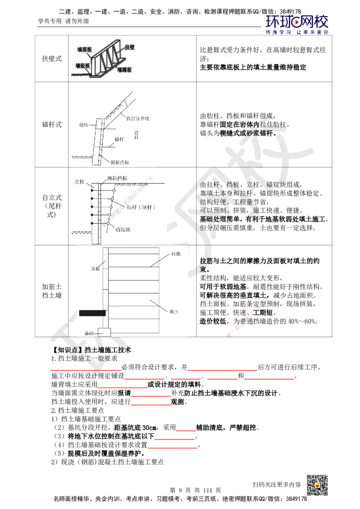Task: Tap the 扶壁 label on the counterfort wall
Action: click(x=130, y=46)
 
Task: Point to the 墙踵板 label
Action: click(x=126, y=70)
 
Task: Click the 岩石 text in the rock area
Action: click(x=136, y=135)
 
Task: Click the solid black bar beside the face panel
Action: click(x=92, y=313)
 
